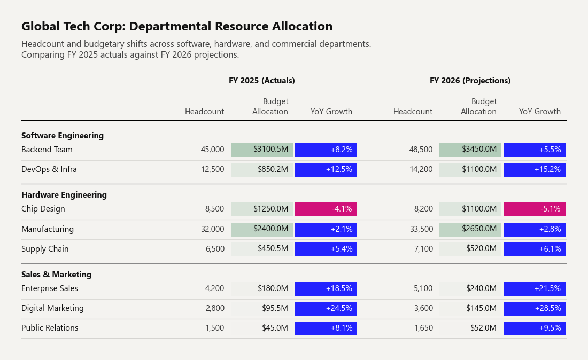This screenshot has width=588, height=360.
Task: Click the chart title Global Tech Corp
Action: coord(176,26)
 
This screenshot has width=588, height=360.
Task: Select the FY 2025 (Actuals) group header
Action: coord(262,81)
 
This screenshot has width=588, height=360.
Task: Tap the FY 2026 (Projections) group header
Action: coord(470,81)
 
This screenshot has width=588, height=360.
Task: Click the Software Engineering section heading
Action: coord(62,136)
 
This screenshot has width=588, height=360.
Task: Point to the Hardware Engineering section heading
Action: coord(64,195)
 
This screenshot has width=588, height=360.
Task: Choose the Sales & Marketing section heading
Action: coord(56,274)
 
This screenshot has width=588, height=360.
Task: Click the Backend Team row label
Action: coord(47,150)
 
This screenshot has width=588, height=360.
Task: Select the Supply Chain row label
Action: coord(45,249)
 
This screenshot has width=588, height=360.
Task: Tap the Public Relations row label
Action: coord(50,328)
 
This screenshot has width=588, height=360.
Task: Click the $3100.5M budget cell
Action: coord(262,150)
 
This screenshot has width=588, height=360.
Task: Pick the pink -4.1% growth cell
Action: coord(326,209)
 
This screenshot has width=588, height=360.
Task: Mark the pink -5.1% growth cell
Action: coord(535,209)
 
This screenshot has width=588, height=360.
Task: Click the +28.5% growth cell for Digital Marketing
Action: coord(535,308)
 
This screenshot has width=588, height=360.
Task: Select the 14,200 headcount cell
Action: coord(421,169)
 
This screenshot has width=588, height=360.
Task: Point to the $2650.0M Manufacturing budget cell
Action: coord(470,229)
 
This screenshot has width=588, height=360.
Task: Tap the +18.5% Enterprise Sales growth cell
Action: coord(326,289)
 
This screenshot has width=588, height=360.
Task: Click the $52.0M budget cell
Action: coord(470,328)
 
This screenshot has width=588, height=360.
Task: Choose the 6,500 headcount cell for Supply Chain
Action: coord(215,249)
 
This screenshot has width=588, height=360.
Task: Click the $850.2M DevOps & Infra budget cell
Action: coord(262,170)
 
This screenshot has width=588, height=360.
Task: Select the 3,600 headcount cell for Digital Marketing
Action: coord(423,308)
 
